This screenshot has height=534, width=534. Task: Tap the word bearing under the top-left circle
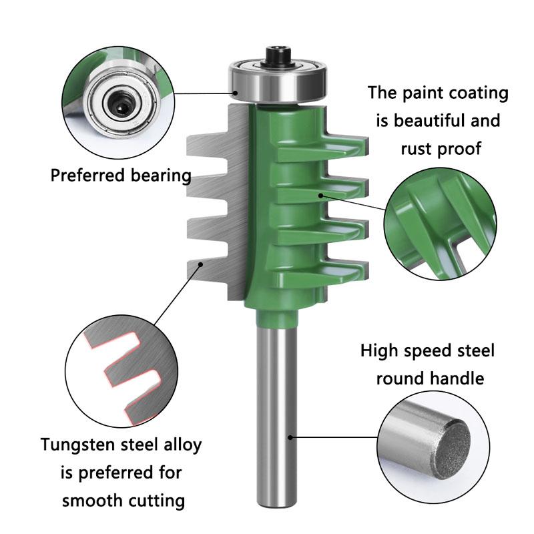[161, 176]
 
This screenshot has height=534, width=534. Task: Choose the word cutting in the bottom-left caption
[160, 500]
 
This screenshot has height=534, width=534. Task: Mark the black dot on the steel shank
[290, 437]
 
